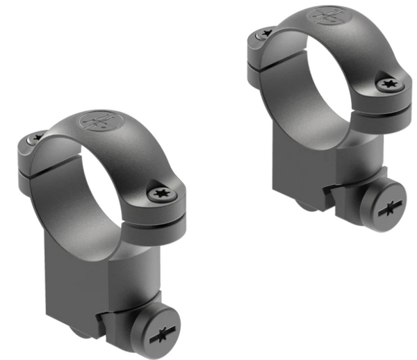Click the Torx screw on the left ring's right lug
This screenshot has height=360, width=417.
pyautogui.click(x=159, y=194)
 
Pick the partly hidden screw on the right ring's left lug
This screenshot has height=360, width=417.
pyautogui.click(x=263, y=33)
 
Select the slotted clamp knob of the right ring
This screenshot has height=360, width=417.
pyautogui.click(x=384, y=206)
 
